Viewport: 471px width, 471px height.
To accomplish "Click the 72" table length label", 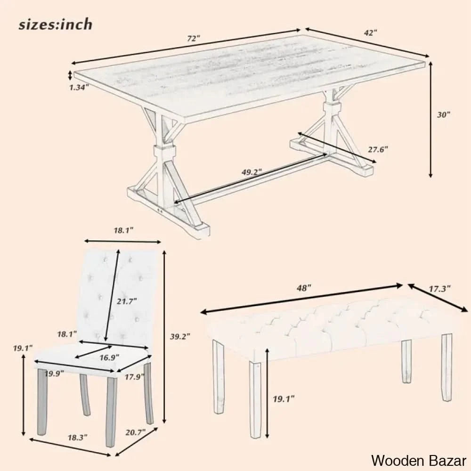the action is tap(194, 39).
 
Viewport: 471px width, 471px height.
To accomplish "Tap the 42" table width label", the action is tap(370, 33).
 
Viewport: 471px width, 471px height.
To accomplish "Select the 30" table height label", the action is tap(444, 114).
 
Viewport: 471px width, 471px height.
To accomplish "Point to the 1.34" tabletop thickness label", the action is tap(79, 88).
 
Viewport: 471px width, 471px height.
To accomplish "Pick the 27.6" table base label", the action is tap(378, 149).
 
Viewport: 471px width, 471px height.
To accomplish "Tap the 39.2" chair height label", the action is tap(180, 336).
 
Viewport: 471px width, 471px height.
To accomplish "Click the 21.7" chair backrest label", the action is tap(127, 301).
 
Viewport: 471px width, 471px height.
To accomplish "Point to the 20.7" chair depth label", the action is tap(136, 433).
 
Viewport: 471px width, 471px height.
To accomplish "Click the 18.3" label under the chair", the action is tap(77, 438).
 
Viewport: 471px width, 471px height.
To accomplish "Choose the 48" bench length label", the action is tap(304, 288).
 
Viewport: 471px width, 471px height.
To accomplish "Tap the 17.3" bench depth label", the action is tap(439, 289).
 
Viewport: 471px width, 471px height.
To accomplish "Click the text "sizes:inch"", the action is tap(56, 24).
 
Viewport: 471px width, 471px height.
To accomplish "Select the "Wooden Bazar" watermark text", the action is tap(419, 461).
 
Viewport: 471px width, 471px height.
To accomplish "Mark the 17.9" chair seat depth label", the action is tap(135, 376).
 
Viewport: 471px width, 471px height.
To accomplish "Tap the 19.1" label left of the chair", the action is tap(23, 348).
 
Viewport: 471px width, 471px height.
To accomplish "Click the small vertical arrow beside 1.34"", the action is tap(70, 75).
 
